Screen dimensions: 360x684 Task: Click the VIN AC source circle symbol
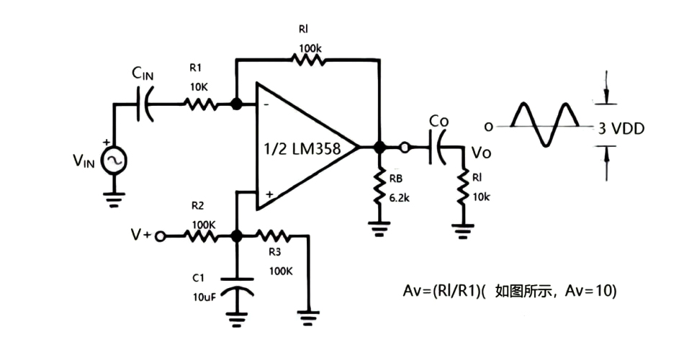[x=113, y=161]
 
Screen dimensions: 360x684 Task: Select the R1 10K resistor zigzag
[x=201, y=104]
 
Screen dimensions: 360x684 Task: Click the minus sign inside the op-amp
[x=267, y=105]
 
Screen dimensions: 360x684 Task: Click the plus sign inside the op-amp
[x=268, y=194]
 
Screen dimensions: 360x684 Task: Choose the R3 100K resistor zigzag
[x=274, y=235]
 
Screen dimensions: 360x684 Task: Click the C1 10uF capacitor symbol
[x=237, y=287]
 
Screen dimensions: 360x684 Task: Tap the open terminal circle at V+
[x=161, y=235]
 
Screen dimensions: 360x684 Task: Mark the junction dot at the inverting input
[x=236, y=104]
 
